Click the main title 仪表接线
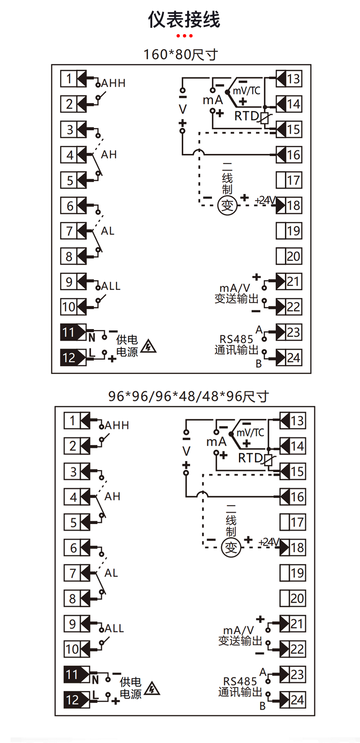(x=184, y=19)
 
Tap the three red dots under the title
(x=184, y=36)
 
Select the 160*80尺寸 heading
(x=180, y=55)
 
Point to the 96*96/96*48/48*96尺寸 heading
(x=188, y=396)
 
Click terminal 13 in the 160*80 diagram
(x=293, y=79)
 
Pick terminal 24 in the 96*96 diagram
(x=297, y=700)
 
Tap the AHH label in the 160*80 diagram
(x=113, y=83)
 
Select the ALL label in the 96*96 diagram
(x=114, y=628)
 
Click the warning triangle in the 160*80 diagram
(x=148, y=346)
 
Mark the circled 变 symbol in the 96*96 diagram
(x=231, y=548)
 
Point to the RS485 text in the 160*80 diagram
(x=236, y=339)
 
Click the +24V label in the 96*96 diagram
(x=268, y=542)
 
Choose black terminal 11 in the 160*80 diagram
(x=69, y=332)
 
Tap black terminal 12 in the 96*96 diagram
(x=72, y=700)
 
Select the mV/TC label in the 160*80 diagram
(x=246, y=91)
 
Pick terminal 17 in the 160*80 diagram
(x=293, y=180)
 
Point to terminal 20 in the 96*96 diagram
(x=297, y=598)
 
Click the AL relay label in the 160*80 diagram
(x=108, y=231)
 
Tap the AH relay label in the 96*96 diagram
(x=112, y=496)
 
